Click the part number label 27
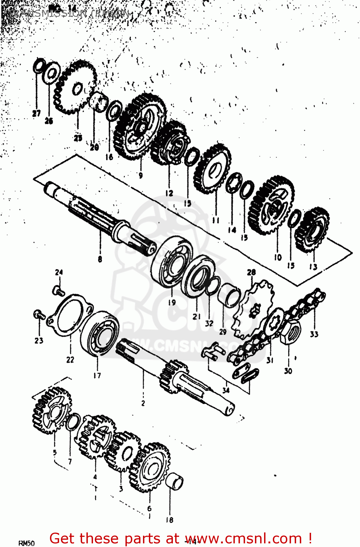36,113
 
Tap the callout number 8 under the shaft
100,259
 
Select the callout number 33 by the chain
314,334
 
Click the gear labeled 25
76,88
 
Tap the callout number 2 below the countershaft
143,403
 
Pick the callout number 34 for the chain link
226,390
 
